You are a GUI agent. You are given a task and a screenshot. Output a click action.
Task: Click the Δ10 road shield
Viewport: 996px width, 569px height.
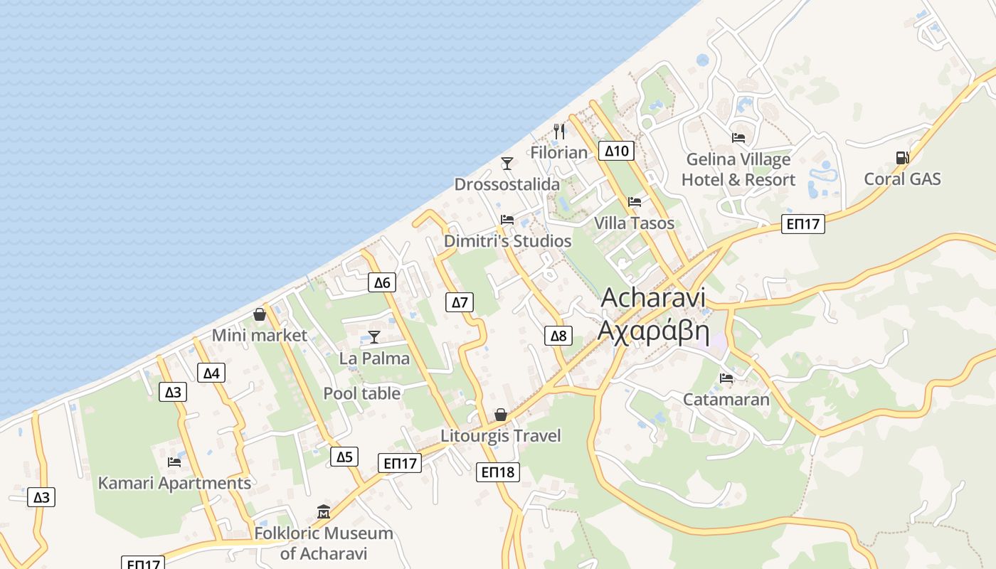(617, 151)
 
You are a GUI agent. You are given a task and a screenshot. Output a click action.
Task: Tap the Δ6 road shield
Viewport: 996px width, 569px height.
(382, 282)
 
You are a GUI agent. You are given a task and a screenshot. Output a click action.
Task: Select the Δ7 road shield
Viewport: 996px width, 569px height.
(460, 302)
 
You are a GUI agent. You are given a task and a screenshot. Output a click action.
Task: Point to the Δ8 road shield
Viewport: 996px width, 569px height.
(558, 336)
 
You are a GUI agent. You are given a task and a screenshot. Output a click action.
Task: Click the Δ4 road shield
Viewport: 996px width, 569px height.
(211, 373)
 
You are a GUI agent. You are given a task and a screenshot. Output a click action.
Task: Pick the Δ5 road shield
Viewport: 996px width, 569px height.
(344, 457)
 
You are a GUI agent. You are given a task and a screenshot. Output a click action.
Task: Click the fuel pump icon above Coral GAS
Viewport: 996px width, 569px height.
(902, 158)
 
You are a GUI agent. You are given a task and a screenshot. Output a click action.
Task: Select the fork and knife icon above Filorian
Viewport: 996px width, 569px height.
(559, 132)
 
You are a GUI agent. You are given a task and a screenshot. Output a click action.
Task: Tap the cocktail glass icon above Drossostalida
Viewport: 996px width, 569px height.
(507, 164)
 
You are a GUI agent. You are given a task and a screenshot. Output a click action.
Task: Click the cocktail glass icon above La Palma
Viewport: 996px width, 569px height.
(374, 337)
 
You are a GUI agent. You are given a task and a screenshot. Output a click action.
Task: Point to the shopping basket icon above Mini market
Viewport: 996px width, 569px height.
(260, 314)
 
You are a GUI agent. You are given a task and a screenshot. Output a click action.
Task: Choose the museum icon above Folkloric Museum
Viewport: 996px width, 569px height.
(324, 512)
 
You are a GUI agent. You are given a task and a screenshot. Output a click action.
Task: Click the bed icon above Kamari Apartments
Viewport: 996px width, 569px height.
(174, 462)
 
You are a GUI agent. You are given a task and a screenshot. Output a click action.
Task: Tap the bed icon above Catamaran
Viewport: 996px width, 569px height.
(726, 378)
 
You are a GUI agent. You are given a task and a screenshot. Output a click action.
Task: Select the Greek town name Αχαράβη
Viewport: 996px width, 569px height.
(653, 331)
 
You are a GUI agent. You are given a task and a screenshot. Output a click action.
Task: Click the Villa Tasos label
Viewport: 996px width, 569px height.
(634, 223)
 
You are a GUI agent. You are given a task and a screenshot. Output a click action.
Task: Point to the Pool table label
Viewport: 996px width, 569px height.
(361, 393)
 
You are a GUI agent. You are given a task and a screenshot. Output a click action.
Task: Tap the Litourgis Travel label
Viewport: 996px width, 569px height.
(501, 436)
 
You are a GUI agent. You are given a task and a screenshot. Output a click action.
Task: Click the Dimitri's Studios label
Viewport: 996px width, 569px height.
(507, 241)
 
